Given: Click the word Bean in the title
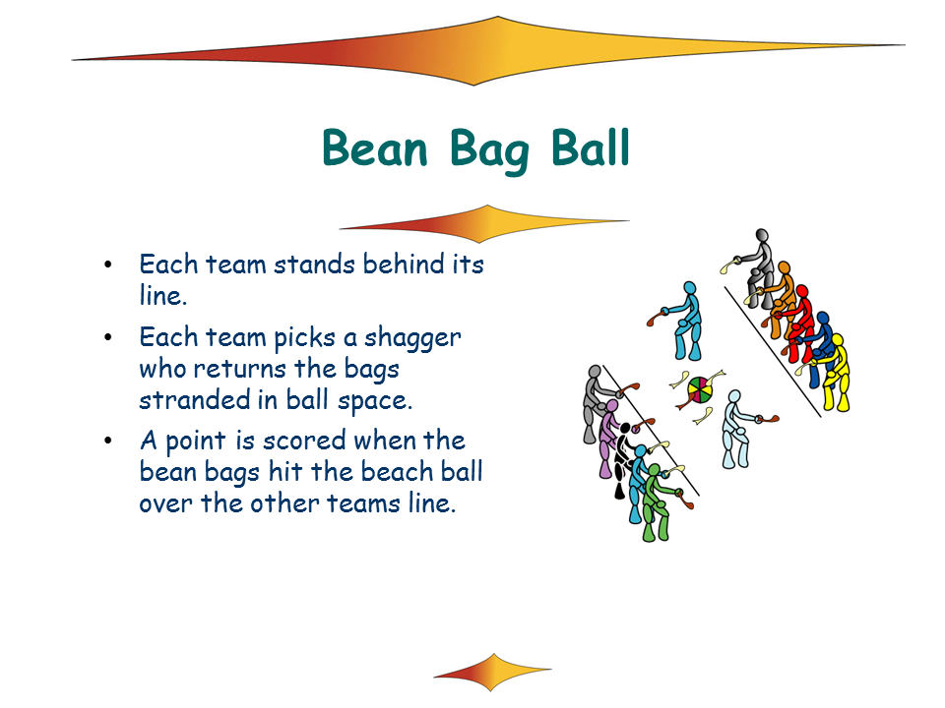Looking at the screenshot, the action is (375, 147).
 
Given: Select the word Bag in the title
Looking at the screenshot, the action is (489, 150).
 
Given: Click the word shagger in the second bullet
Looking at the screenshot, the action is (412, 338).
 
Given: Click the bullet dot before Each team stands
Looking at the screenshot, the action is (108, 265).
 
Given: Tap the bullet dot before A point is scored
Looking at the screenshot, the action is (108, 442).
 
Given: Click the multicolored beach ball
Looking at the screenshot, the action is (700, 390).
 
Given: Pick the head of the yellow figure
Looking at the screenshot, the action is (837, 340).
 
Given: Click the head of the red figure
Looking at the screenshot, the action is (801, 291).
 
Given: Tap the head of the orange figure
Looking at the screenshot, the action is (785, 267).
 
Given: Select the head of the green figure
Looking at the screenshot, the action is (654, 470).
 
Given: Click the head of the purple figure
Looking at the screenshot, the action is (611, 405).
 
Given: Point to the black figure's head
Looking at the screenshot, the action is (625, 429).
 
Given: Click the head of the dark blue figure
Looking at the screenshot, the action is (823, 318).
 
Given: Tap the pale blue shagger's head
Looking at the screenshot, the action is (734, 396).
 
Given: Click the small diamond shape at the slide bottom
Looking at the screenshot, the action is (492, 672).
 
